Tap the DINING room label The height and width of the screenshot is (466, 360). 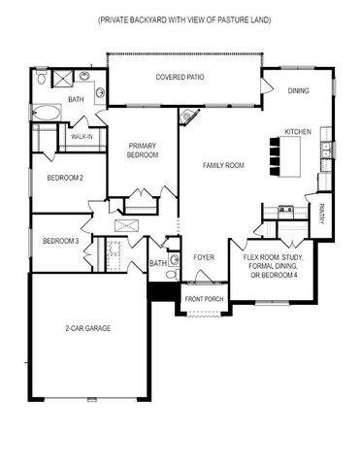(x=300, y=91)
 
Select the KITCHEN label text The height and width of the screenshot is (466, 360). (x=297, y=131)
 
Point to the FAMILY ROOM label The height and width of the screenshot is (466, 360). (x=222, y=166)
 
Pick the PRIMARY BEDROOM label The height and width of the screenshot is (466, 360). (x=143, y=151)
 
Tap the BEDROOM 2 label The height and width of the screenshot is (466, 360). (x=65, y=178)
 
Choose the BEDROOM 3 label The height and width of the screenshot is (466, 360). (x=60, y=241)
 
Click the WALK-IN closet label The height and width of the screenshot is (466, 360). (x=81, y=137)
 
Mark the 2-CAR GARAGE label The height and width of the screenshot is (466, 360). (x=88, y=328)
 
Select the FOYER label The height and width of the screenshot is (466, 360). (x=203, y=257)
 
